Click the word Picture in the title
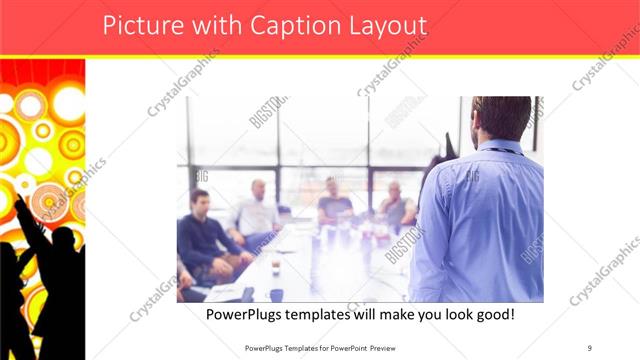(141, 26)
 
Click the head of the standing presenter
(502, 119)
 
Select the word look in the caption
(433, 315)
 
